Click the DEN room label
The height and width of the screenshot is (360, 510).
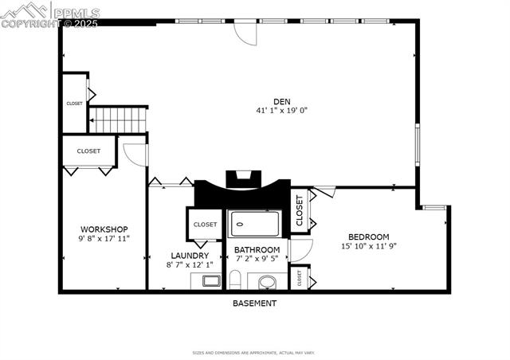[281, 100]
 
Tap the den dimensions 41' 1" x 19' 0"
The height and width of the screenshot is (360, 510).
[281, 111]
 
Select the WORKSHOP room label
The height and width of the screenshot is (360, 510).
[104, 229]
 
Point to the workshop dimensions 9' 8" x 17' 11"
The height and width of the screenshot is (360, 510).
[104, 239]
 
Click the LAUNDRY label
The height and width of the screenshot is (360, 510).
[189, 256]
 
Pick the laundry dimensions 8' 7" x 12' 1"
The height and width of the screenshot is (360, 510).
[189, 265]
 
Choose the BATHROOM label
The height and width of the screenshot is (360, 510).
[256, 249]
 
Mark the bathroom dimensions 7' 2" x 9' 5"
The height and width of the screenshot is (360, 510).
[256, 259]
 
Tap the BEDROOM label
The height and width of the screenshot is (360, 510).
[368, 237]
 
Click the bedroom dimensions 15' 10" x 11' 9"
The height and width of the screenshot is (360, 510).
[368, 246]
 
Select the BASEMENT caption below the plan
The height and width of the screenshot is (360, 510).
[255, 303]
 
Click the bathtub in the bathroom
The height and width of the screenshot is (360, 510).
[255, 224]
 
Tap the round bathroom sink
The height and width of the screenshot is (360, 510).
[267, 281]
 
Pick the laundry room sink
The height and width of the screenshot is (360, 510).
[211, 280]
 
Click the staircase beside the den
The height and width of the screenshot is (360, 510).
[118, 120]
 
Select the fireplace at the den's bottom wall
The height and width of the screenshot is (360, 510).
[242, 180]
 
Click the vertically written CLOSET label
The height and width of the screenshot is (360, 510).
[300, 211]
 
